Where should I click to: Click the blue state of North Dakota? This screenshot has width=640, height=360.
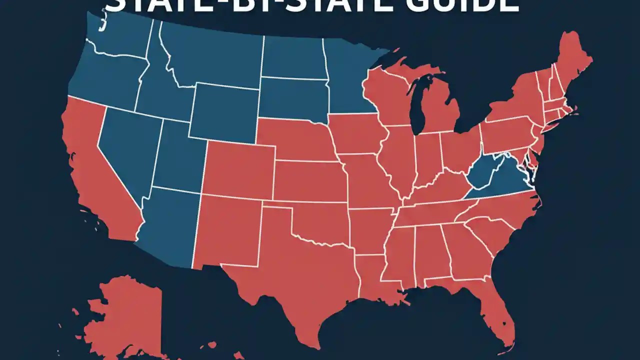[x=292, y=57]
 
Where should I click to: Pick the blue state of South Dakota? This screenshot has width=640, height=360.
[x=292, y=100]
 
